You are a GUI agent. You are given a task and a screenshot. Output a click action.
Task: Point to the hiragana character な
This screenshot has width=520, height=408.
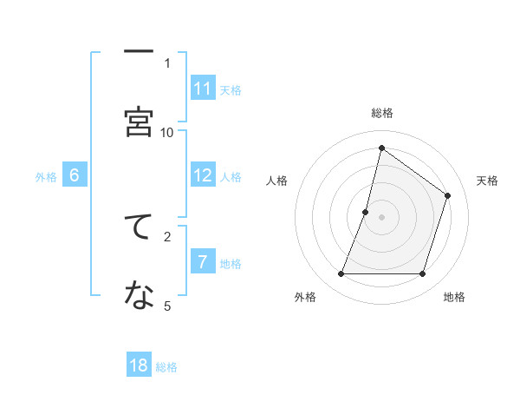(x=139, y=296)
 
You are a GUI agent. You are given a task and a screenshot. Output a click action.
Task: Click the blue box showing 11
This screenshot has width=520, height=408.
(x=203, y=88)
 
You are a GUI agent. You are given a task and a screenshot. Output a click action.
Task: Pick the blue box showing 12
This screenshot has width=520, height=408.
(x=203, y=174)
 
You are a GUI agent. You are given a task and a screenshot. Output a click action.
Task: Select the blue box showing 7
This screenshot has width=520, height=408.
(x=203, y=261)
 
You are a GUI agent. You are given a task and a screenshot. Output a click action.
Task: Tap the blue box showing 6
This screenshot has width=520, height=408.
(x=75, y=174)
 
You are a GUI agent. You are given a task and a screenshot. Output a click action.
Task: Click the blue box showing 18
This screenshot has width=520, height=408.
(x=139, y=365)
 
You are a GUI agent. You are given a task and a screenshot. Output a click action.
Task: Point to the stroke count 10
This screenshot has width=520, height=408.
(x=166, y=132)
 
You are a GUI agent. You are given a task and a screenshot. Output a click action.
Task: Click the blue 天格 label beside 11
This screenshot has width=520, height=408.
(x=231, y=89)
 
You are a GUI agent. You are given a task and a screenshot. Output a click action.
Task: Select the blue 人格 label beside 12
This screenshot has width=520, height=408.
(x=231, y=176)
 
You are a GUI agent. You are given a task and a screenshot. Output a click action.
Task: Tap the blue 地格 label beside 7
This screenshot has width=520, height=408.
(x=231, y=263)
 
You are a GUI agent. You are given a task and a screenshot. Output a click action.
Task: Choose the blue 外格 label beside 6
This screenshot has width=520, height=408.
(x=46, y=176)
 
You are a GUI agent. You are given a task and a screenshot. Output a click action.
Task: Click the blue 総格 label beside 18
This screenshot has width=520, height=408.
(x=166, y=367)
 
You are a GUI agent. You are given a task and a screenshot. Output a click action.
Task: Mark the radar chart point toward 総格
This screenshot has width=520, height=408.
(x=381, y=147)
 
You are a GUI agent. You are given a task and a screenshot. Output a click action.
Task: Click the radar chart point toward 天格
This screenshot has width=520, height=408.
(x=448, y=195)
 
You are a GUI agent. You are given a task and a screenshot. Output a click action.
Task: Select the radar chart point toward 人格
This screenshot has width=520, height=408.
(x=366, y=212)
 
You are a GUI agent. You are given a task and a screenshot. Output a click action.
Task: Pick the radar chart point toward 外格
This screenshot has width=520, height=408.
(x=341, y=274)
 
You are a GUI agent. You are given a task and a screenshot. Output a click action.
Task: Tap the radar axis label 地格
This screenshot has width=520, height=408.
(x=454, y=297)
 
